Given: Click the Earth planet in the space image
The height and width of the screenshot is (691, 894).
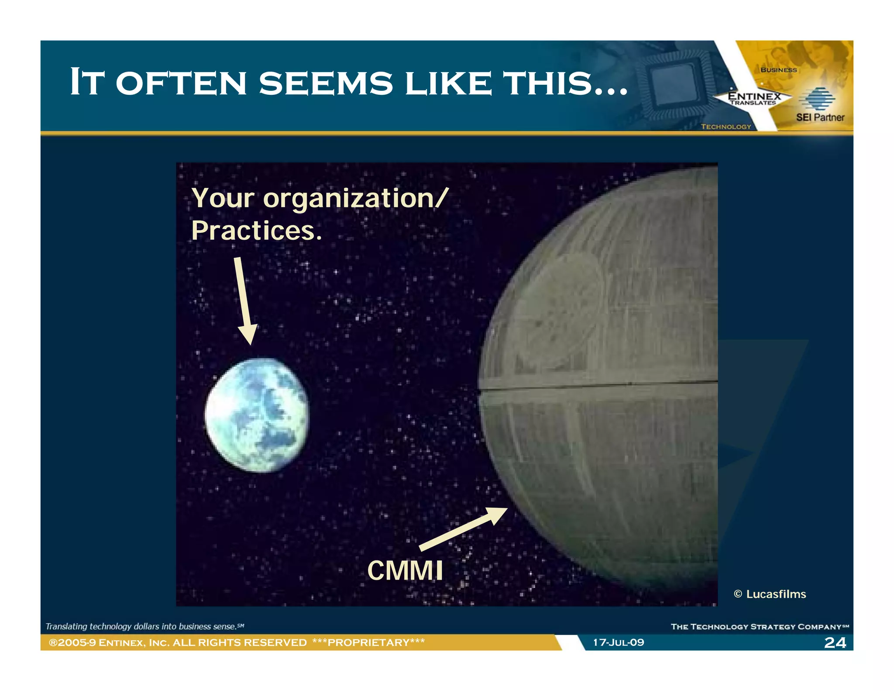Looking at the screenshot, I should pyautogui.click(x=257, y=415).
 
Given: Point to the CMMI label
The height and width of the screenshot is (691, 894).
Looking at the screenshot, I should pyautogui.click(x=405, y=570).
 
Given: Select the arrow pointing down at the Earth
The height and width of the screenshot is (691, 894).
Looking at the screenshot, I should pyautogui.click(x=245, y=301).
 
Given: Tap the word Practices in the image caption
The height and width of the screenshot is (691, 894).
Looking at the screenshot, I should pyautogui.click(x=256, y=231).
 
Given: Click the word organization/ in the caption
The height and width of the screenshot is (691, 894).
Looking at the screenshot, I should pyautogui.click(x=355, y=199).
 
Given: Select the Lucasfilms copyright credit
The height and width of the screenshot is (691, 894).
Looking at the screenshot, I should pyautogui.click(x=770, y=594).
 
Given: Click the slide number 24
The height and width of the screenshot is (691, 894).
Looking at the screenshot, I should pyautogui.click(x=835, y=643).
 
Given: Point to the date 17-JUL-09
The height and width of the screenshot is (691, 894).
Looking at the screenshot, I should pyautogui.click(x=618, y=643).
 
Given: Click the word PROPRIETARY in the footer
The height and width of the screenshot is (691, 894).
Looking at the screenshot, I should pyautogui.click(x=368, y=643).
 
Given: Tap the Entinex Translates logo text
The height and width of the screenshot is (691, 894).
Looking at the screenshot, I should pyautogui.click(x=754, y=98).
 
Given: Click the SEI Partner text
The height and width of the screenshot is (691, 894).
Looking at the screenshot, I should pyautogui.click(x=820, y=117).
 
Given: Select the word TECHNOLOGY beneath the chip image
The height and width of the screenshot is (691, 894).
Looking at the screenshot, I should pyautogui.click(x=726, y=127).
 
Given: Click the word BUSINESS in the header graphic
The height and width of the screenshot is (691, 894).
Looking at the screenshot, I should pyautogui.click(x=778, y=70).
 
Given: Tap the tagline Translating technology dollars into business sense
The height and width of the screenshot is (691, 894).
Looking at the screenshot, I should pyautogui.click(x=144, y=626).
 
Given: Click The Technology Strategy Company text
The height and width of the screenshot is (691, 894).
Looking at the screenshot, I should pyautogui.click(x=759, y=627).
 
